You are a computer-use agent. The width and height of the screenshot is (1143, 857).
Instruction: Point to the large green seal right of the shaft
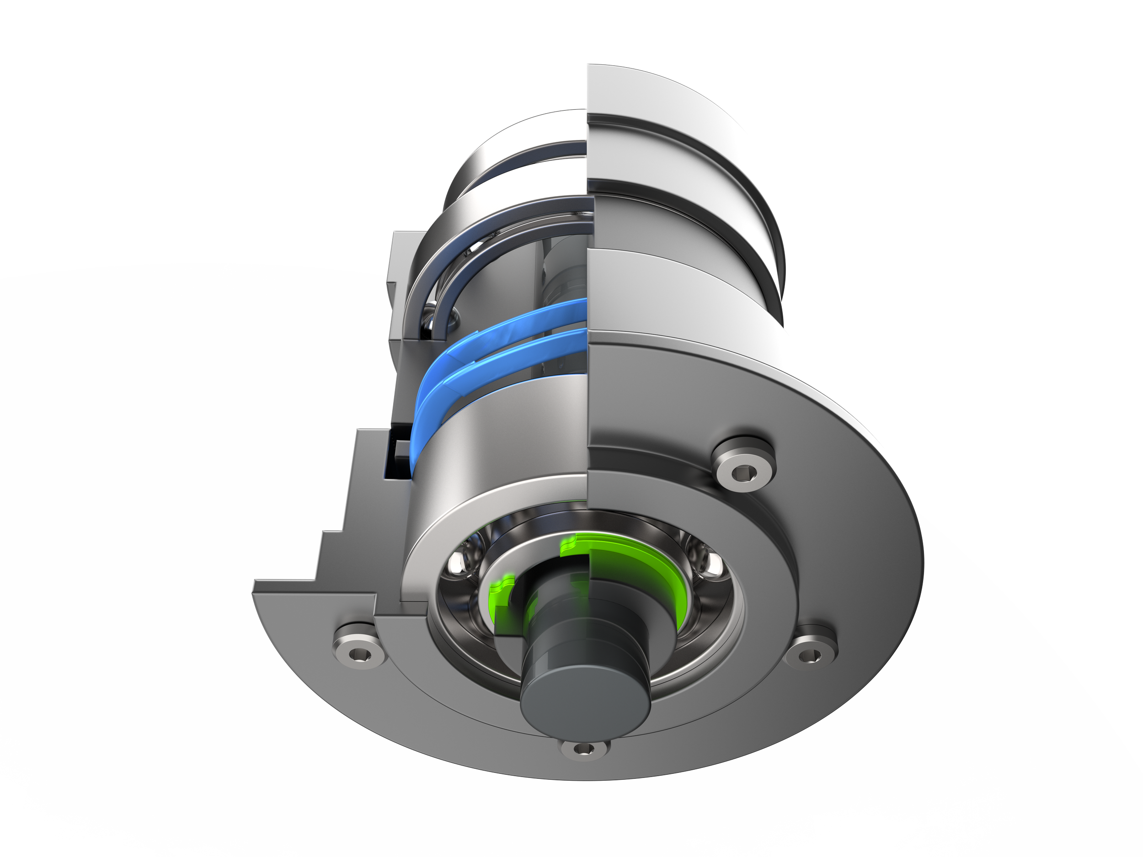click(x=641, y=568)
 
